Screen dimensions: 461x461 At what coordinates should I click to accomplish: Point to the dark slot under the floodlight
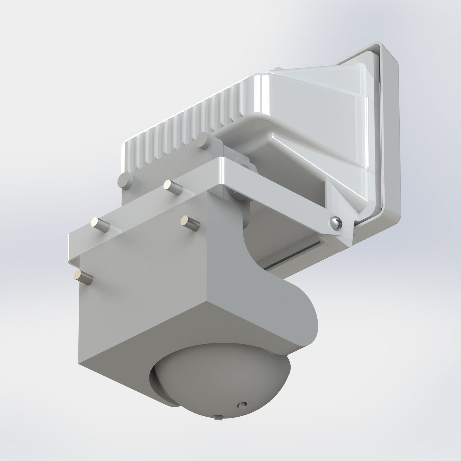pyautogui.click(x=294, y=254)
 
